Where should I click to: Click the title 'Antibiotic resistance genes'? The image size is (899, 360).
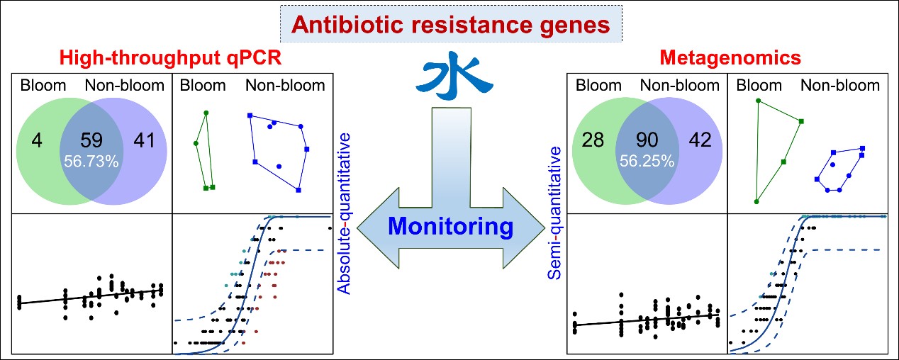click(x=451, y=25)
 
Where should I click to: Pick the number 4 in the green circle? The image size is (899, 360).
click(x=35, y=142)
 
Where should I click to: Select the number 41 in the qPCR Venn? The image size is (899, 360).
click(x=145, y=142)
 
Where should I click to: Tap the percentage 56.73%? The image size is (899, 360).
click(x=91, y=160)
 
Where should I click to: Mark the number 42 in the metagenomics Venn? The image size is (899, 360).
click(x=702, y=142)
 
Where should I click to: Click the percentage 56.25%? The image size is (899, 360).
click(x=648, y=161)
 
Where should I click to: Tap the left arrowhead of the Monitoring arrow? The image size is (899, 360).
click(x=376, y=226)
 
